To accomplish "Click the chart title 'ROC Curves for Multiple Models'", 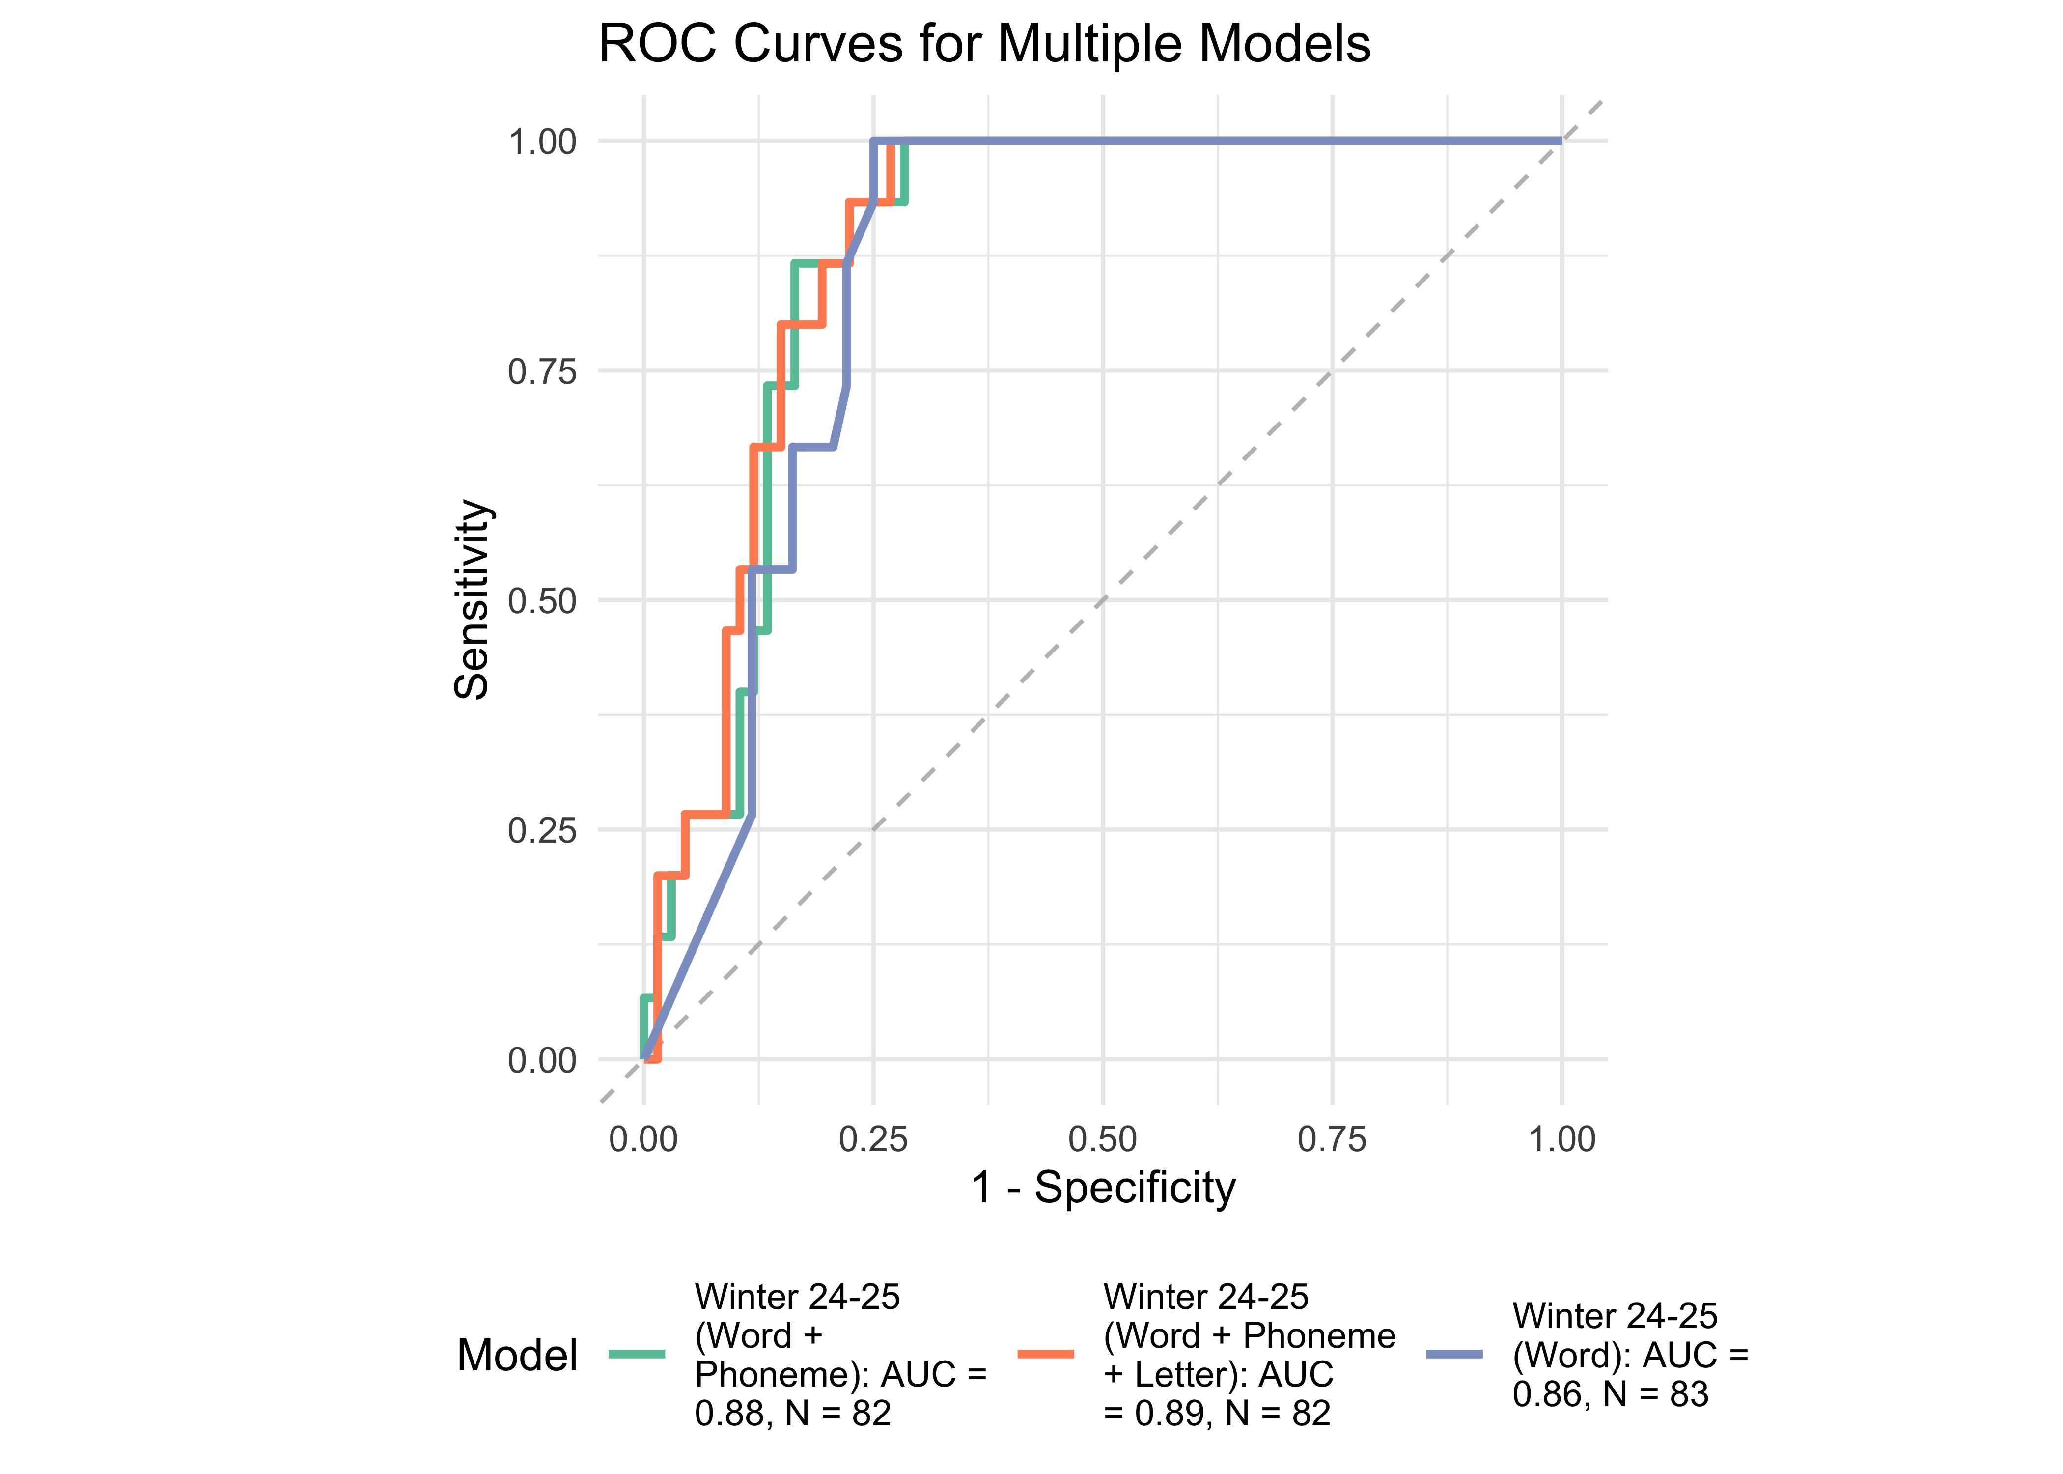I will tap(984, 44).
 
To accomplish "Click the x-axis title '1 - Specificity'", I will tap(1103, 1187).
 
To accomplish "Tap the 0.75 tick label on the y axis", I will tap(542, 371).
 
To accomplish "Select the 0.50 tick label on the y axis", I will tap(542, 601).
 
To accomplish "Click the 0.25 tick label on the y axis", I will tap(542, 830).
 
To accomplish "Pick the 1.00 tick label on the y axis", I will tap(542, 142).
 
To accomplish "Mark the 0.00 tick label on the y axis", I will tap(542, 1060).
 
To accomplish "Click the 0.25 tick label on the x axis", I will tap(873, 1139).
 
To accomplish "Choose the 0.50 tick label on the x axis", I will tap(1102, 1139).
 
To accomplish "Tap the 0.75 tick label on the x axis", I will tap(1332, 1139).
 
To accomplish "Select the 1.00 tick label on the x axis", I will tap(1561, 1139).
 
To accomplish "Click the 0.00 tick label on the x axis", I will tap(643, 1139).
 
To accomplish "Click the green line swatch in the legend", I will tap(636, 1354).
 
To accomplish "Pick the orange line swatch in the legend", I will tap(1045, 1354).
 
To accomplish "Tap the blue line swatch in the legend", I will tap(1454, 1354).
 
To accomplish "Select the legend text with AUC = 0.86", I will tap(1629, 1354).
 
